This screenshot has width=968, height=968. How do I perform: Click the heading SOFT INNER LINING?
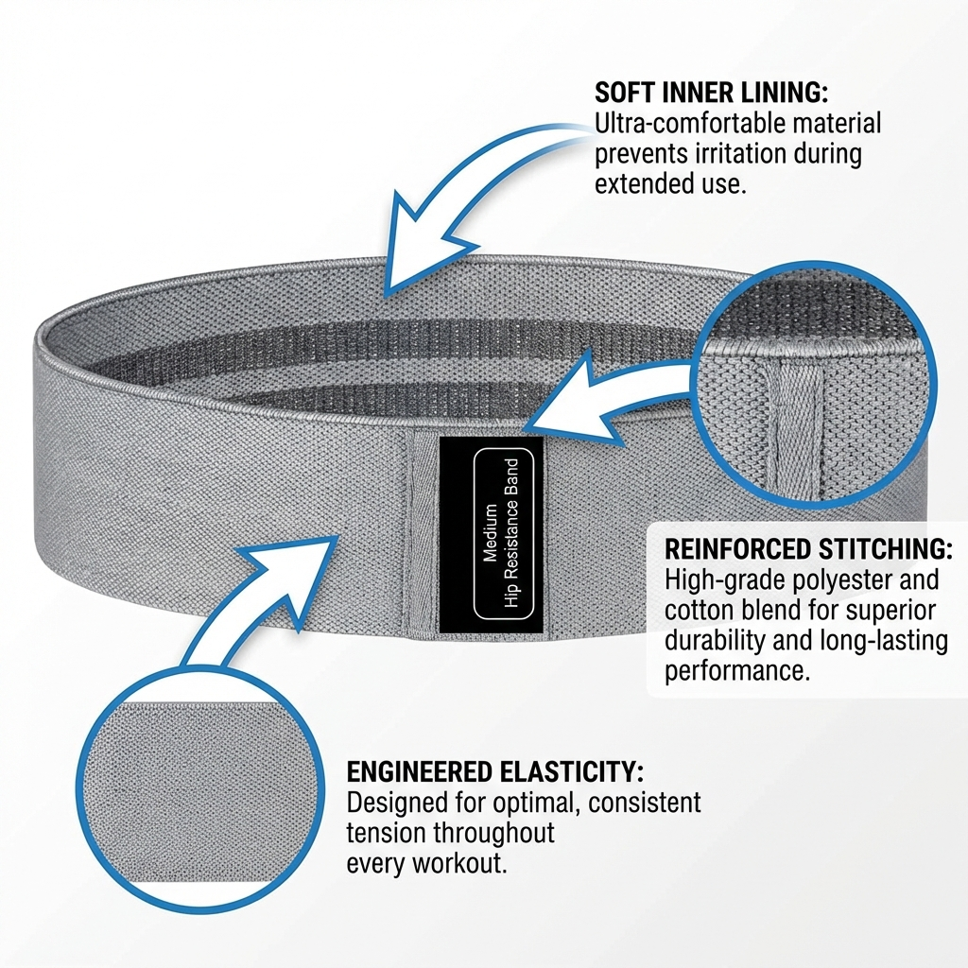pyautogui.click(x=712, y=93)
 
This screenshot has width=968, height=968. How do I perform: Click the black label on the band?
pyautogui.click(x=492, y=534)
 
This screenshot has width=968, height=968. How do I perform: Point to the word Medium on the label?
pyautogui.click(x=489, y=535)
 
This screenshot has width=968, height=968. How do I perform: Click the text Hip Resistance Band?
pyautogui.click(x=511, y=535)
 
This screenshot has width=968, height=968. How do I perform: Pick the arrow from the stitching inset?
pyautogui.click(x=605, y=402)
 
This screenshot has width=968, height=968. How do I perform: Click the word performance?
pyautogui.click(x=737, y=672)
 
